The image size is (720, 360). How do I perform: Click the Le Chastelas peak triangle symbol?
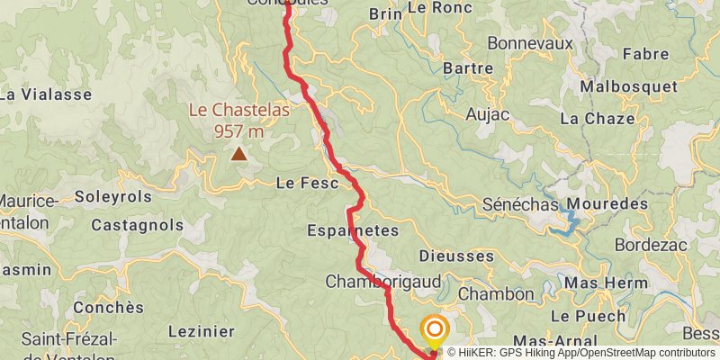click(238, 154)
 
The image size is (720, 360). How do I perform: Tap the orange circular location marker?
click(435, 330)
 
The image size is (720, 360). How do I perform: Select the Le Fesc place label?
click(306, 183)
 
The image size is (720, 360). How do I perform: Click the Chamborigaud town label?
click(383, 282)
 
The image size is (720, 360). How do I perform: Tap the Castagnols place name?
click(138, 225)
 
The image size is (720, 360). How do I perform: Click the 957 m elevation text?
click(238, 131)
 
